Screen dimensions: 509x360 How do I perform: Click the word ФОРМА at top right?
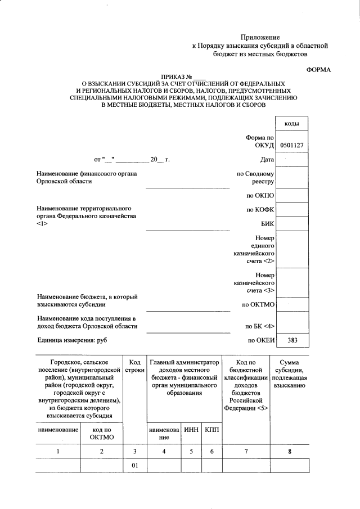coord(318,69)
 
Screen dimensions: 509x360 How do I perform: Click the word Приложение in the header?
coord(260,37)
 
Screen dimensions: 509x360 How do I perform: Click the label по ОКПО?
coord(260,196)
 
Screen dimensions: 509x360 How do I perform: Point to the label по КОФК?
coord(260,210)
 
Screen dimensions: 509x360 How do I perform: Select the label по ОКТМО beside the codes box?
coord(258,305)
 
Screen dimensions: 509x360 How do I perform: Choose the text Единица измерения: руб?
coord(71,340)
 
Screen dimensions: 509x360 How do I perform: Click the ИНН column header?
coord(191,430)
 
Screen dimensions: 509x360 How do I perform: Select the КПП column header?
coord(211,430)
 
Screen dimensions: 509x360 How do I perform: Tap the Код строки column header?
coord(134,367)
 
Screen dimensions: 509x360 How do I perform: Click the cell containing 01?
coord(134,466)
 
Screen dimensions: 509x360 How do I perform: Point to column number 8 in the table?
coord(290,451)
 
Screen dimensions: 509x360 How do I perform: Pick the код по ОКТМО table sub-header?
coord(102,434)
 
